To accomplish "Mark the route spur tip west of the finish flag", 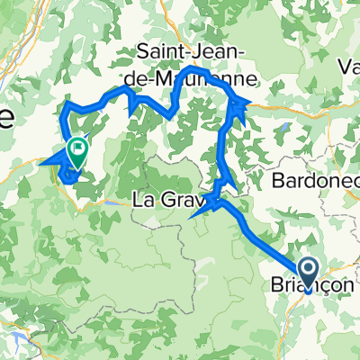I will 42,163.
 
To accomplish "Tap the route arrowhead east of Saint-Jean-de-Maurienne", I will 239,108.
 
